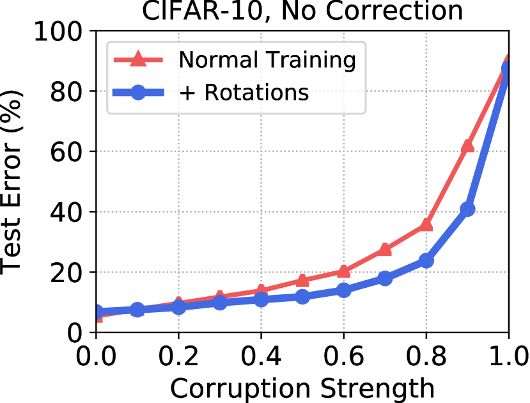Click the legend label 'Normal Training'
click(x=267, y=60)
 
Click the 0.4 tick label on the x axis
click(x=261, y=354)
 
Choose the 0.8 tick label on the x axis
click(x=426, y=354)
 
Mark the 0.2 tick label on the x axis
click(x=178, y=354)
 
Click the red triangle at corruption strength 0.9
click(x=467, y=146)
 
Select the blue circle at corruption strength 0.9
click(x=467, y=209)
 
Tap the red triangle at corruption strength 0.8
click(x=426, y=225)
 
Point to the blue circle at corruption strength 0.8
click(x=426, y=260)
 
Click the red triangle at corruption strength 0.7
click(x=385, y=249)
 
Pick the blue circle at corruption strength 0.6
click(x=343, y=290)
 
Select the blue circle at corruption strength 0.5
click(x=302, y=297)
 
